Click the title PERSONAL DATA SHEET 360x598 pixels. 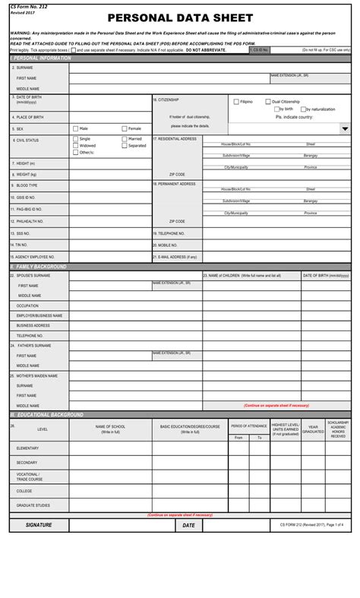180,18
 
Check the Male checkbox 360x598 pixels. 75,128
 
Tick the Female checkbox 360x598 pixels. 124,128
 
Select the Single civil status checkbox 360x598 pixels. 75,139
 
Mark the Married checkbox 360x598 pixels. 125,139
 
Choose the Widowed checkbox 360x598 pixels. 75,145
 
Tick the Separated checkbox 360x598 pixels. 125,145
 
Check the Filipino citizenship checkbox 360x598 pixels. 236,102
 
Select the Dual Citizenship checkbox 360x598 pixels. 267,102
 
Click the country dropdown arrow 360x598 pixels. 345,129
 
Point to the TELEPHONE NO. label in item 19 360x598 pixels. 171,233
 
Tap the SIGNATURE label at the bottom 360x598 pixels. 39,525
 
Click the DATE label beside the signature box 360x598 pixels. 188,525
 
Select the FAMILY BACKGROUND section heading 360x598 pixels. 39,267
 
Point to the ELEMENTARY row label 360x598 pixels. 27,448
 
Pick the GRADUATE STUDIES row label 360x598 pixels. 33,505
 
